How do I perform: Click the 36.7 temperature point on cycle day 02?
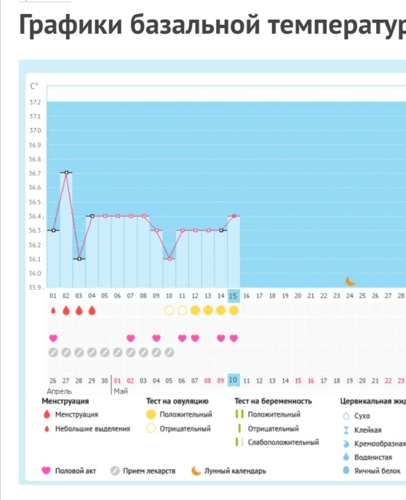coord(66,172)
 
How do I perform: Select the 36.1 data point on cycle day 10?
coord(169,259)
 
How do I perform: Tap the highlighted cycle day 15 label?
coord(233,295)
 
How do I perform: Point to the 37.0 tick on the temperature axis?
coord(36,131)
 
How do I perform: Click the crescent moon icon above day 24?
coord(350,281)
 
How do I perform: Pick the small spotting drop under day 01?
coord(53,310)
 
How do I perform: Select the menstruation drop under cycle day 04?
coord(92,310)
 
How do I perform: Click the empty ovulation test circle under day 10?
coord(169,310)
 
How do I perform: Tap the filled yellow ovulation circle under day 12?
coord(195,310)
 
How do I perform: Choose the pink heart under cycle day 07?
coord(130,338)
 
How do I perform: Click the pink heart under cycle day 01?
coord(53,338)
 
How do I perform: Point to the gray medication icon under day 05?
coord(105,353)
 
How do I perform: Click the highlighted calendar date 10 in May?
coord(233,380)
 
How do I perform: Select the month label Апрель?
coord(59,391)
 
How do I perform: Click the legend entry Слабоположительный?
coord(283,442)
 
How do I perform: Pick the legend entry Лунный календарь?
coord(235,471)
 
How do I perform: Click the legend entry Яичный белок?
coord(377,471)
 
